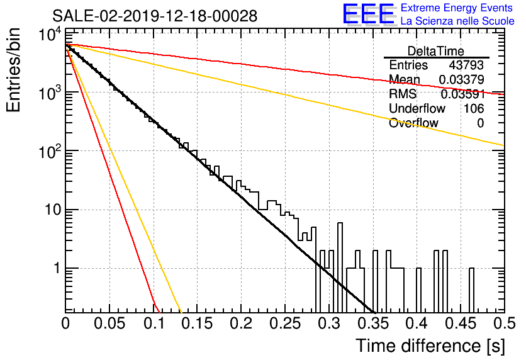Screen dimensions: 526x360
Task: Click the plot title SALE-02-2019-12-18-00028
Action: click(155, 16)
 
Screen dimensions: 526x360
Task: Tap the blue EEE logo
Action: click(369, 14)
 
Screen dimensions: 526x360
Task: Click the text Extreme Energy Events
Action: click(457, 8)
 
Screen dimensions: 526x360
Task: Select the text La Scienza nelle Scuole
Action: click(457, 21)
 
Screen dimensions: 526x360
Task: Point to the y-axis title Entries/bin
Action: click(13, 70)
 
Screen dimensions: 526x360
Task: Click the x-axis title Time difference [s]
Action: click(430, 346)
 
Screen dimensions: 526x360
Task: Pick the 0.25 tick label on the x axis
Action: click(285, 323)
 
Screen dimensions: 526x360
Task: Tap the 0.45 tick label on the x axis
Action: click(461, 323)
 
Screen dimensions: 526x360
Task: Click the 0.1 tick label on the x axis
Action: click(154, 323)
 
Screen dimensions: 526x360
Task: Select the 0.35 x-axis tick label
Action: click(373, 323)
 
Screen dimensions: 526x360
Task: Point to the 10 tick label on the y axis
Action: click(53, 210)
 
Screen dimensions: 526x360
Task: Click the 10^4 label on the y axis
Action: click(50, 34)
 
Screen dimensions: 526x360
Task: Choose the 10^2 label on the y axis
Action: click(50, 151)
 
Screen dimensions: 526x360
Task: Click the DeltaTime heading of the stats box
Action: click(436, 51)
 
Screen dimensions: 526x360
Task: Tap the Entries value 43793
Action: click(466, 65)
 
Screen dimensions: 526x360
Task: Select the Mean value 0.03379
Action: click(462, 79)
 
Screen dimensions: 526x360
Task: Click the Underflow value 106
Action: click(474, 108)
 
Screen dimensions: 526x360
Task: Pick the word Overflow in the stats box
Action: click(413, 123)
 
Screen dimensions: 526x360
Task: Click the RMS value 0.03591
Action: click(463, 94)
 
